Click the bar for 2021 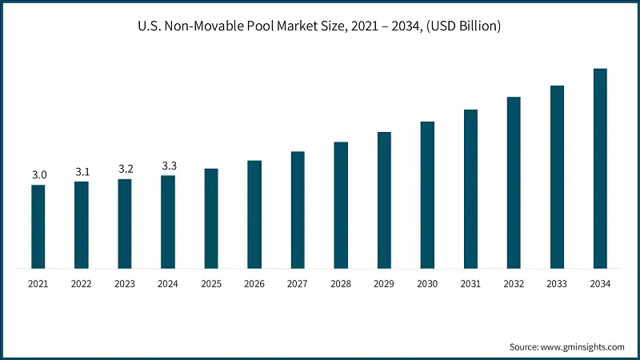tap(38, 226)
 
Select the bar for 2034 tap(600, 168)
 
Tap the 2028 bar tap(341, 205)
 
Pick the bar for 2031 tap(470, 189)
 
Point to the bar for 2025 tap(211, 218)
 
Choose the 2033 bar tap(557, 177)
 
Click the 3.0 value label tap(38, 175)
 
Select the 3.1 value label tap(82, 172)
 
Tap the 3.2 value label tap(125, 169)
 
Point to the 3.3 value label tap(168, 166)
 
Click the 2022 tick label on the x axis tap(82, 283)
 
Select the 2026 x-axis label tap(254, 283)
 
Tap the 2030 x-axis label tap(427, 283)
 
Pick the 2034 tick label tap(600, 283)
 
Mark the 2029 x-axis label tap(384, 283)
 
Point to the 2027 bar tap(298, 210)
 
